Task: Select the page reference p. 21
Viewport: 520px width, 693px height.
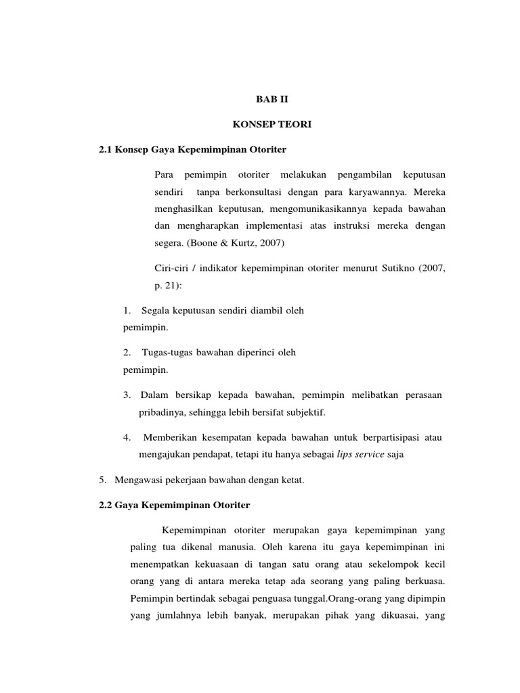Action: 165,286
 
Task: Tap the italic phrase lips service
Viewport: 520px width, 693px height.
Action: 360,455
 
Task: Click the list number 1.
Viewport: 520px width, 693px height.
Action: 127,311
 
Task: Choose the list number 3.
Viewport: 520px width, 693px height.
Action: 127,395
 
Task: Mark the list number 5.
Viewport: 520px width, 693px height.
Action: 102,480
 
